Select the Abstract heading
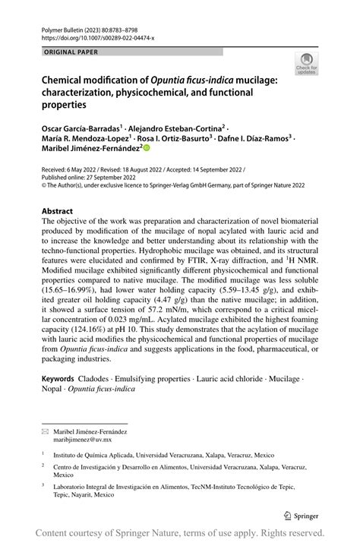(58, 211)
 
